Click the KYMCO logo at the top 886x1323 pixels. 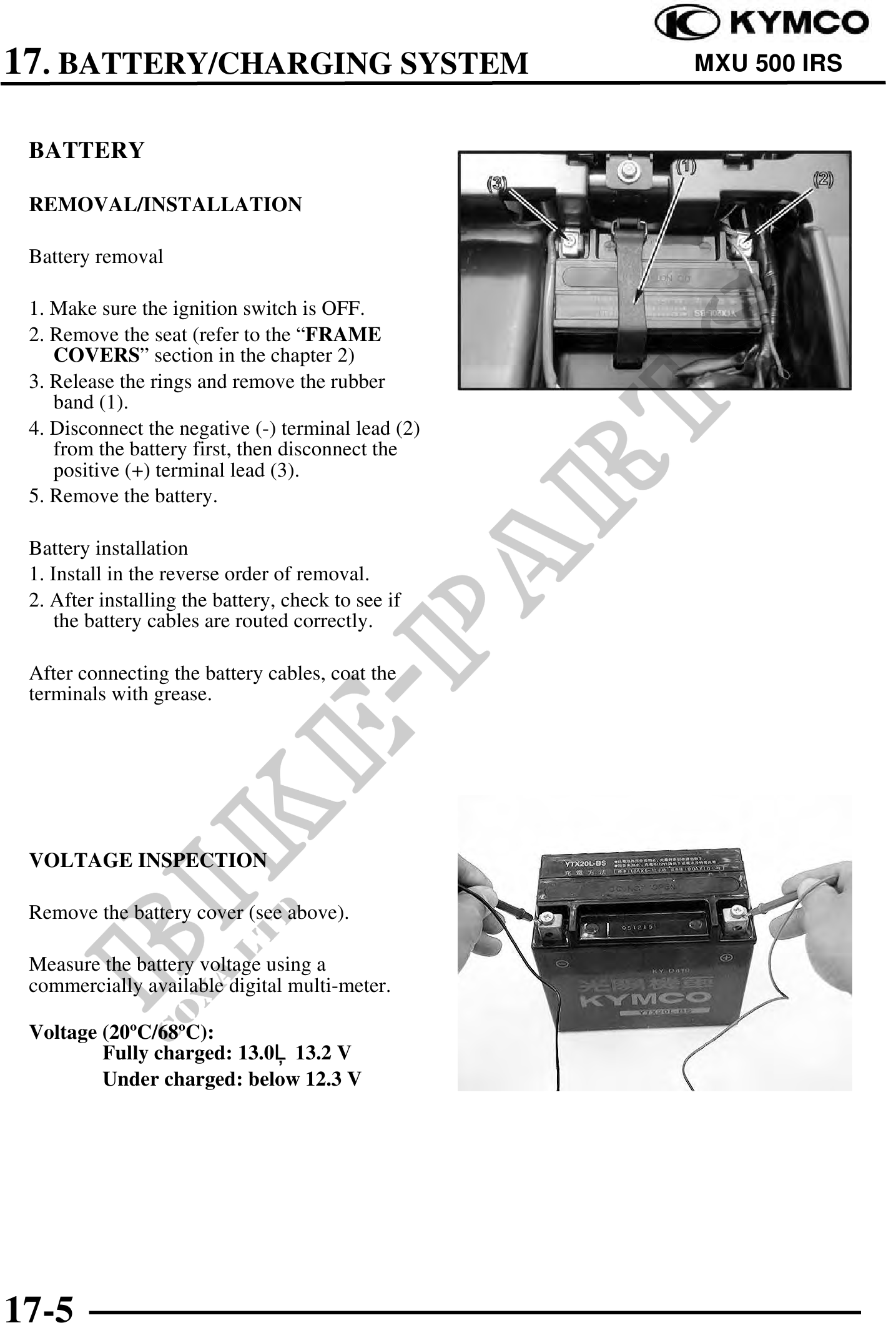coord(761,24)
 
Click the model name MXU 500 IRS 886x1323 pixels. coord(768,63)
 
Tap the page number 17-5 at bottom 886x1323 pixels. coord(39,1306)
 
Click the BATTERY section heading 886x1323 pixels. coord(87,151)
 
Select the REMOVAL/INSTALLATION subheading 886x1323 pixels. coord(165,204)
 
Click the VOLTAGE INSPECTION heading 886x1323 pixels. coord(148,860)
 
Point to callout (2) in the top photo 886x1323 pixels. coord(822,179)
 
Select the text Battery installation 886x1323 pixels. coord(108,548)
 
